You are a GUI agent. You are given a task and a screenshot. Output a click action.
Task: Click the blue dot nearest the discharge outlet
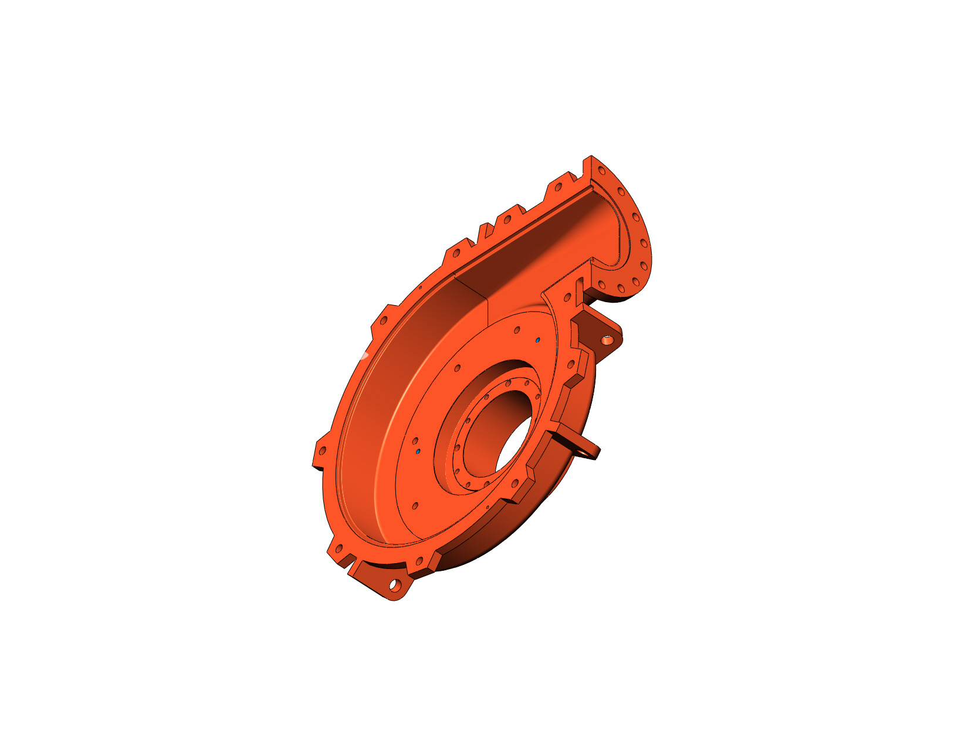pyautogui.click(x=538, y=340)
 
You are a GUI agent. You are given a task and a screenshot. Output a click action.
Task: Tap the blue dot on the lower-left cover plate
pyautogui.click(x=418, y=452)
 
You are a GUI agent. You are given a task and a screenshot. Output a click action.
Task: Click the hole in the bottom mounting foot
pyautogui.click(x=395, y=585)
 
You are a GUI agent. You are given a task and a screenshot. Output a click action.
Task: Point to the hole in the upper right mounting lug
pyautogui.click(x=607, y=340)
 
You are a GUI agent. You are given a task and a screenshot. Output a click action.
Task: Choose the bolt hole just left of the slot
pyautogui.click(x=568, y=295)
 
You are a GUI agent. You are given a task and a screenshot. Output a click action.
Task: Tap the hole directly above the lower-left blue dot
pyautogui.click(x=415, y=441)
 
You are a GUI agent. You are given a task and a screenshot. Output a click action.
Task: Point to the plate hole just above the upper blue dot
pyautogui.click(x=517, y=329)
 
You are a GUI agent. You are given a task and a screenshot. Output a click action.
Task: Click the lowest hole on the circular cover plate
pyautogui.click(x=415, y=505)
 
